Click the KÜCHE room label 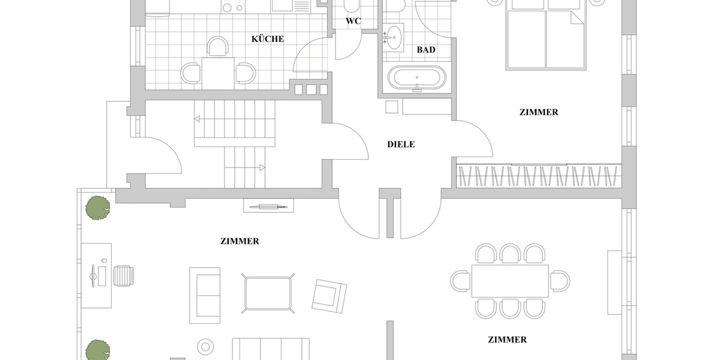pos(268,39)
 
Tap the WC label pos(354,22)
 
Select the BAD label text pos(426,50)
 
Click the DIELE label pos(401,145)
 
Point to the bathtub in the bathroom pos(417,77)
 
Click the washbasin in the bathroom pos(394,37)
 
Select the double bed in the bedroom pos(545,38)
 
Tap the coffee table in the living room pos(268,293)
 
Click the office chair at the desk pos(124,275)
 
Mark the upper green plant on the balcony pos(97,207)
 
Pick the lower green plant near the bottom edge pos(97,350)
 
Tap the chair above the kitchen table pos(218,46)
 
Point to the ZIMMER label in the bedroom pos(539,112)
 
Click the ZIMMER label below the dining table pos(507,340)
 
